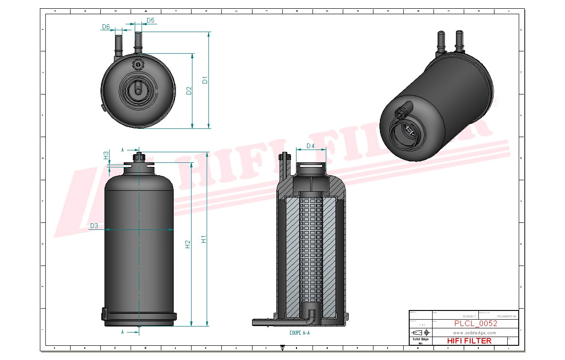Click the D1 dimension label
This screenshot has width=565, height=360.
coord(205,80)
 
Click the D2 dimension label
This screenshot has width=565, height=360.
coord(189,90)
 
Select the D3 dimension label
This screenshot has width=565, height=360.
coord(94,226)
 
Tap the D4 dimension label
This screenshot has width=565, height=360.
coord(310,146)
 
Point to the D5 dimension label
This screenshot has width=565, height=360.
coord(150,21)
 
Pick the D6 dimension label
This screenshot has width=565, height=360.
coord(106,27)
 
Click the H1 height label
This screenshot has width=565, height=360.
coord(204,239)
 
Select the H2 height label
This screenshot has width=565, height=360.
coord(187,244)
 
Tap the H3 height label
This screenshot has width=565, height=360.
coord(106,155)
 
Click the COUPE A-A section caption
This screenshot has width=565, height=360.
coord(300,333)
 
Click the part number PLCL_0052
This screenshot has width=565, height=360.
coord(475,323)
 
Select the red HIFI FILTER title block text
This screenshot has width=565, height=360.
coord(469,341)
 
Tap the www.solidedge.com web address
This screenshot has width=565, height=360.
coord(475,332)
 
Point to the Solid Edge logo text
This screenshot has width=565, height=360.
coord(420,339)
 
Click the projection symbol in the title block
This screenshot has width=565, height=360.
coord(421,332)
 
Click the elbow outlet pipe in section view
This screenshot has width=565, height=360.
coord(312,316)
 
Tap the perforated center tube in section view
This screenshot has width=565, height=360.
coord(311,248)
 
